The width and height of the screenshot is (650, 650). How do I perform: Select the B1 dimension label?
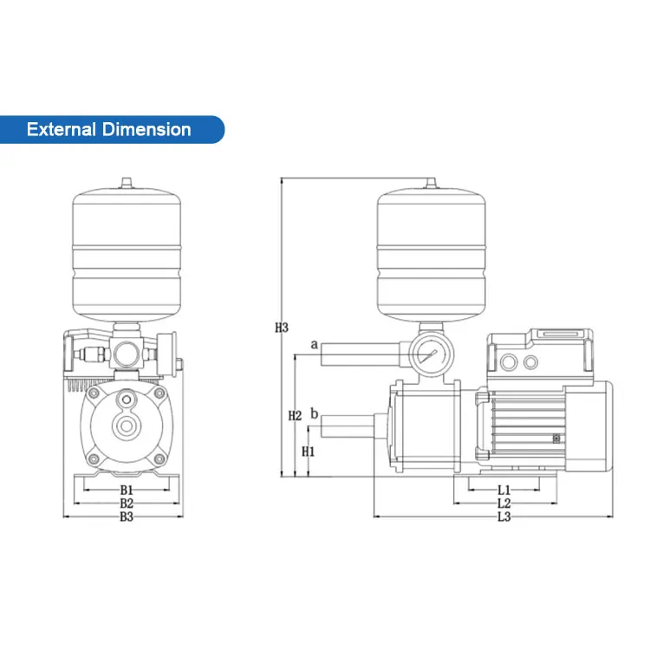tap(127, 490)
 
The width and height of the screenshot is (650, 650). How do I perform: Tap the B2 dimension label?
tap(127, 503)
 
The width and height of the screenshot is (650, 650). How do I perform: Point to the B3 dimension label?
tap(127, 517)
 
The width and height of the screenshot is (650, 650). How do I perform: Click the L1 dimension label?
tap(504, 490)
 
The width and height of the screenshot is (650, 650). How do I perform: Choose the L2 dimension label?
tap(504, 503)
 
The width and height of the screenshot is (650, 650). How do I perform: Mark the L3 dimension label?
tap(504, 517)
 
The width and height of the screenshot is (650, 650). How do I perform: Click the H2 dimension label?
tap(295, 416)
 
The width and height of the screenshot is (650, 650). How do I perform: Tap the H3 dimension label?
tap(281, 328)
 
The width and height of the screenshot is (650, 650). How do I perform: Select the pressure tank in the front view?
tap(127, 257)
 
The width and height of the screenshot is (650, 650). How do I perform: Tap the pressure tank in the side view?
tap(431, 257)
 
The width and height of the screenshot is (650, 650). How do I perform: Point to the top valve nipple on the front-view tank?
tap(127, 183)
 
